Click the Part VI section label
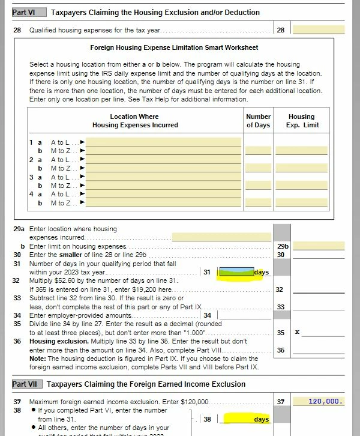23,12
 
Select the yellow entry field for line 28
318,29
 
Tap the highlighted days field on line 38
246,419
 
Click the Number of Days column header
259,121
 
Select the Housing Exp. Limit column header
301,121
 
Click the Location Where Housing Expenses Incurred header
135,121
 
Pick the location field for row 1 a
164,142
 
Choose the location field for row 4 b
164,203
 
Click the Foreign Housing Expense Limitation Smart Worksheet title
174,47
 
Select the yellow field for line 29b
318,246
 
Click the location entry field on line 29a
221,237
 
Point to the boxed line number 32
280,289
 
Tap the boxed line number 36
280,350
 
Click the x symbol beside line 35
297,332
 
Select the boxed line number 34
207,315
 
